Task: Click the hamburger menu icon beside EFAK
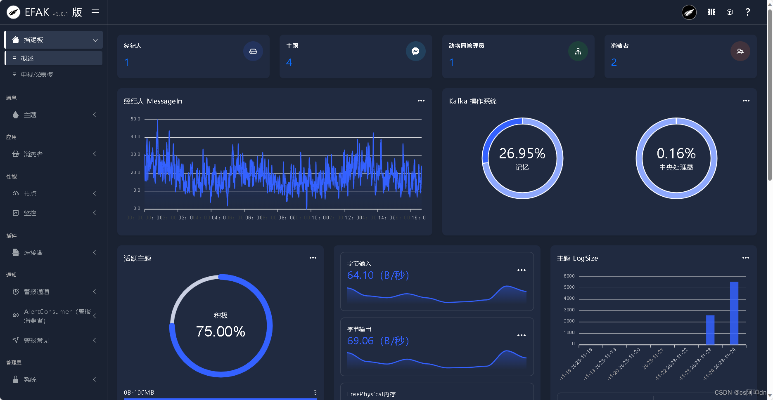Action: pos(95,12)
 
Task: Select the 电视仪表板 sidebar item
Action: pos(37,75)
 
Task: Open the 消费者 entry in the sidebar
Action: pos(33,154)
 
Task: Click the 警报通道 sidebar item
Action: pos(37,292)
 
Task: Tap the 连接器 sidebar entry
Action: pos(33,253)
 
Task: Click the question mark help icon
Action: pos(747,12)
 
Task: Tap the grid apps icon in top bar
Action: pos(711,12)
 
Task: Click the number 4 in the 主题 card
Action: pos(289,62)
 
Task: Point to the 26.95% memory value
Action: pos(522,153)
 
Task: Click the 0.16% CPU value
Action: pos(676,153)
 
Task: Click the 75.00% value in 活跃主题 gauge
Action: pos(221,332)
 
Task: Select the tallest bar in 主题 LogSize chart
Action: pos(734,313)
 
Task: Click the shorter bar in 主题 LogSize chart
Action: pos(710,330)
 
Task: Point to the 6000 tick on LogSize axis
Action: pos(569,276)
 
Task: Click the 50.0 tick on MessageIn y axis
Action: pos(135,119)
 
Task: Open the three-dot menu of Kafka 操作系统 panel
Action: pos(746,101)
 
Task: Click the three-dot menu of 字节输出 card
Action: pos(522,335)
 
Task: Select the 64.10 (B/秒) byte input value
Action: pos(378,275)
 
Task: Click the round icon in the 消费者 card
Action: pos(740,51)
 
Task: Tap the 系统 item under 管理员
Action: pos(30,380)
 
